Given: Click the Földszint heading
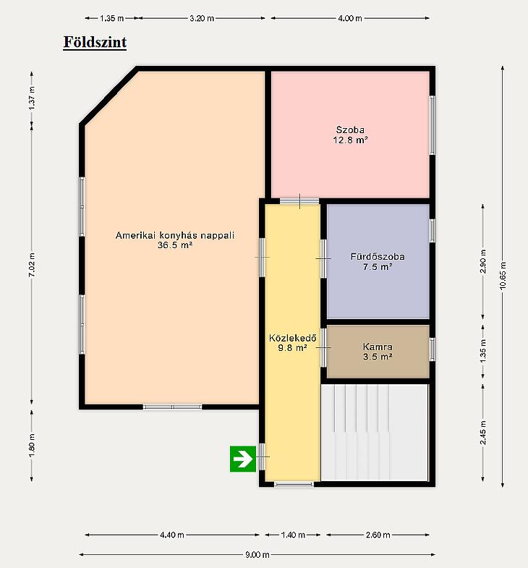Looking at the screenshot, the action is [95, 42].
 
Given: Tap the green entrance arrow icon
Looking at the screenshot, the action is [243, 459].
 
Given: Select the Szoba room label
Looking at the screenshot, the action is [350, 130].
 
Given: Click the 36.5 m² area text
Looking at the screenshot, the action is [175, 245].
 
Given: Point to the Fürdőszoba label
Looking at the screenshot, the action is [378, 256].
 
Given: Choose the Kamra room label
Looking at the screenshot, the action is [378, 347].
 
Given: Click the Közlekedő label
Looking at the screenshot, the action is [293, 338].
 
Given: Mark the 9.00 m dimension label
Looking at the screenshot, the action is [257, 554].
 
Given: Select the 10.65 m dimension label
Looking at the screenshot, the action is [503, 275].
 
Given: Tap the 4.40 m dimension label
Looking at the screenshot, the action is [172, 535].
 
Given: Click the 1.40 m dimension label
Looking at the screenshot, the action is [293, 535].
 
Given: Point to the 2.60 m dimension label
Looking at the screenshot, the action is [378, 535].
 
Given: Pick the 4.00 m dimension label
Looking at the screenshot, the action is [350, 18].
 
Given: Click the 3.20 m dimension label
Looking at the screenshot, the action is [202, 18].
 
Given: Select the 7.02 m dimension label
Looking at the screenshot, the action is [32, 265].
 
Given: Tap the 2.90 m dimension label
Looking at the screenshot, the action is [483, 261].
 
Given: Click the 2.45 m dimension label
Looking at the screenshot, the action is [483, 433].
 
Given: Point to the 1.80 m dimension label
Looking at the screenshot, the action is [32, 445].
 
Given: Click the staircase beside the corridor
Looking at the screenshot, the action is [375, 433].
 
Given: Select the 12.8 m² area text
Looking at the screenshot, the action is [351, 140].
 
